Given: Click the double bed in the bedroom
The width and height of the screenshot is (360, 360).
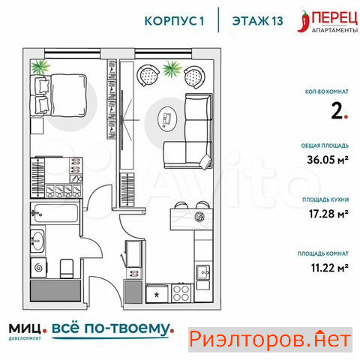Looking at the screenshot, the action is pos(58,95).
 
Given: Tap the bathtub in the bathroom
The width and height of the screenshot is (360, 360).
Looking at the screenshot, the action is pos(55,213).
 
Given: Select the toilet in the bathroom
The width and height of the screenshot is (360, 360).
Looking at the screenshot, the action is pos(67,268).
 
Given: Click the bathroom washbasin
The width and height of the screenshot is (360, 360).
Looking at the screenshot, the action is pos(37,241).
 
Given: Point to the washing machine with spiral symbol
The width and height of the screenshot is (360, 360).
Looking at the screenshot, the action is pos(38,268).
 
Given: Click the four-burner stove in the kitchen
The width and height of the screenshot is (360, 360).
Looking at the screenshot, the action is pos(181,293).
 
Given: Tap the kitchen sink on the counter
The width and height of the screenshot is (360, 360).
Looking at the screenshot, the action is pos(203,272).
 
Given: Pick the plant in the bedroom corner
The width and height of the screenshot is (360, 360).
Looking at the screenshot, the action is pos(40,67).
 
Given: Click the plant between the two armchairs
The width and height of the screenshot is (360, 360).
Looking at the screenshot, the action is pos(172,68).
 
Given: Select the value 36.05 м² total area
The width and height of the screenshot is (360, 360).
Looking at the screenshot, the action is pos(328,159).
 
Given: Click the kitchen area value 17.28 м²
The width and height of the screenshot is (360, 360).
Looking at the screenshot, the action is pos(328,214).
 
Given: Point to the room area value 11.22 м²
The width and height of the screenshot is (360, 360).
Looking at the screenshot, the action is pos(329,268).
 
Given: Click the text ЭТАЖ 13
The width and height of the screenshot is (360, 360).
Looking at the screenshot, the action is pos(258,21).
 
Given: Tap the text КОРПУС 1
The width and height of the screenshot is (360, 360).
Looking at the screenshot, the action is pos(174,21).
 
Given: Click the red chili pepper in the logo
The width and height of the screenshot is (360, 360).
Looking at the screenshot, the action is pos(304,22).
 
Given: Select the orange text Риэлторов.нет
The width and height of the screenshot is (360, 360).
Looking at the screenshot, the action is pos(270,340).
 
